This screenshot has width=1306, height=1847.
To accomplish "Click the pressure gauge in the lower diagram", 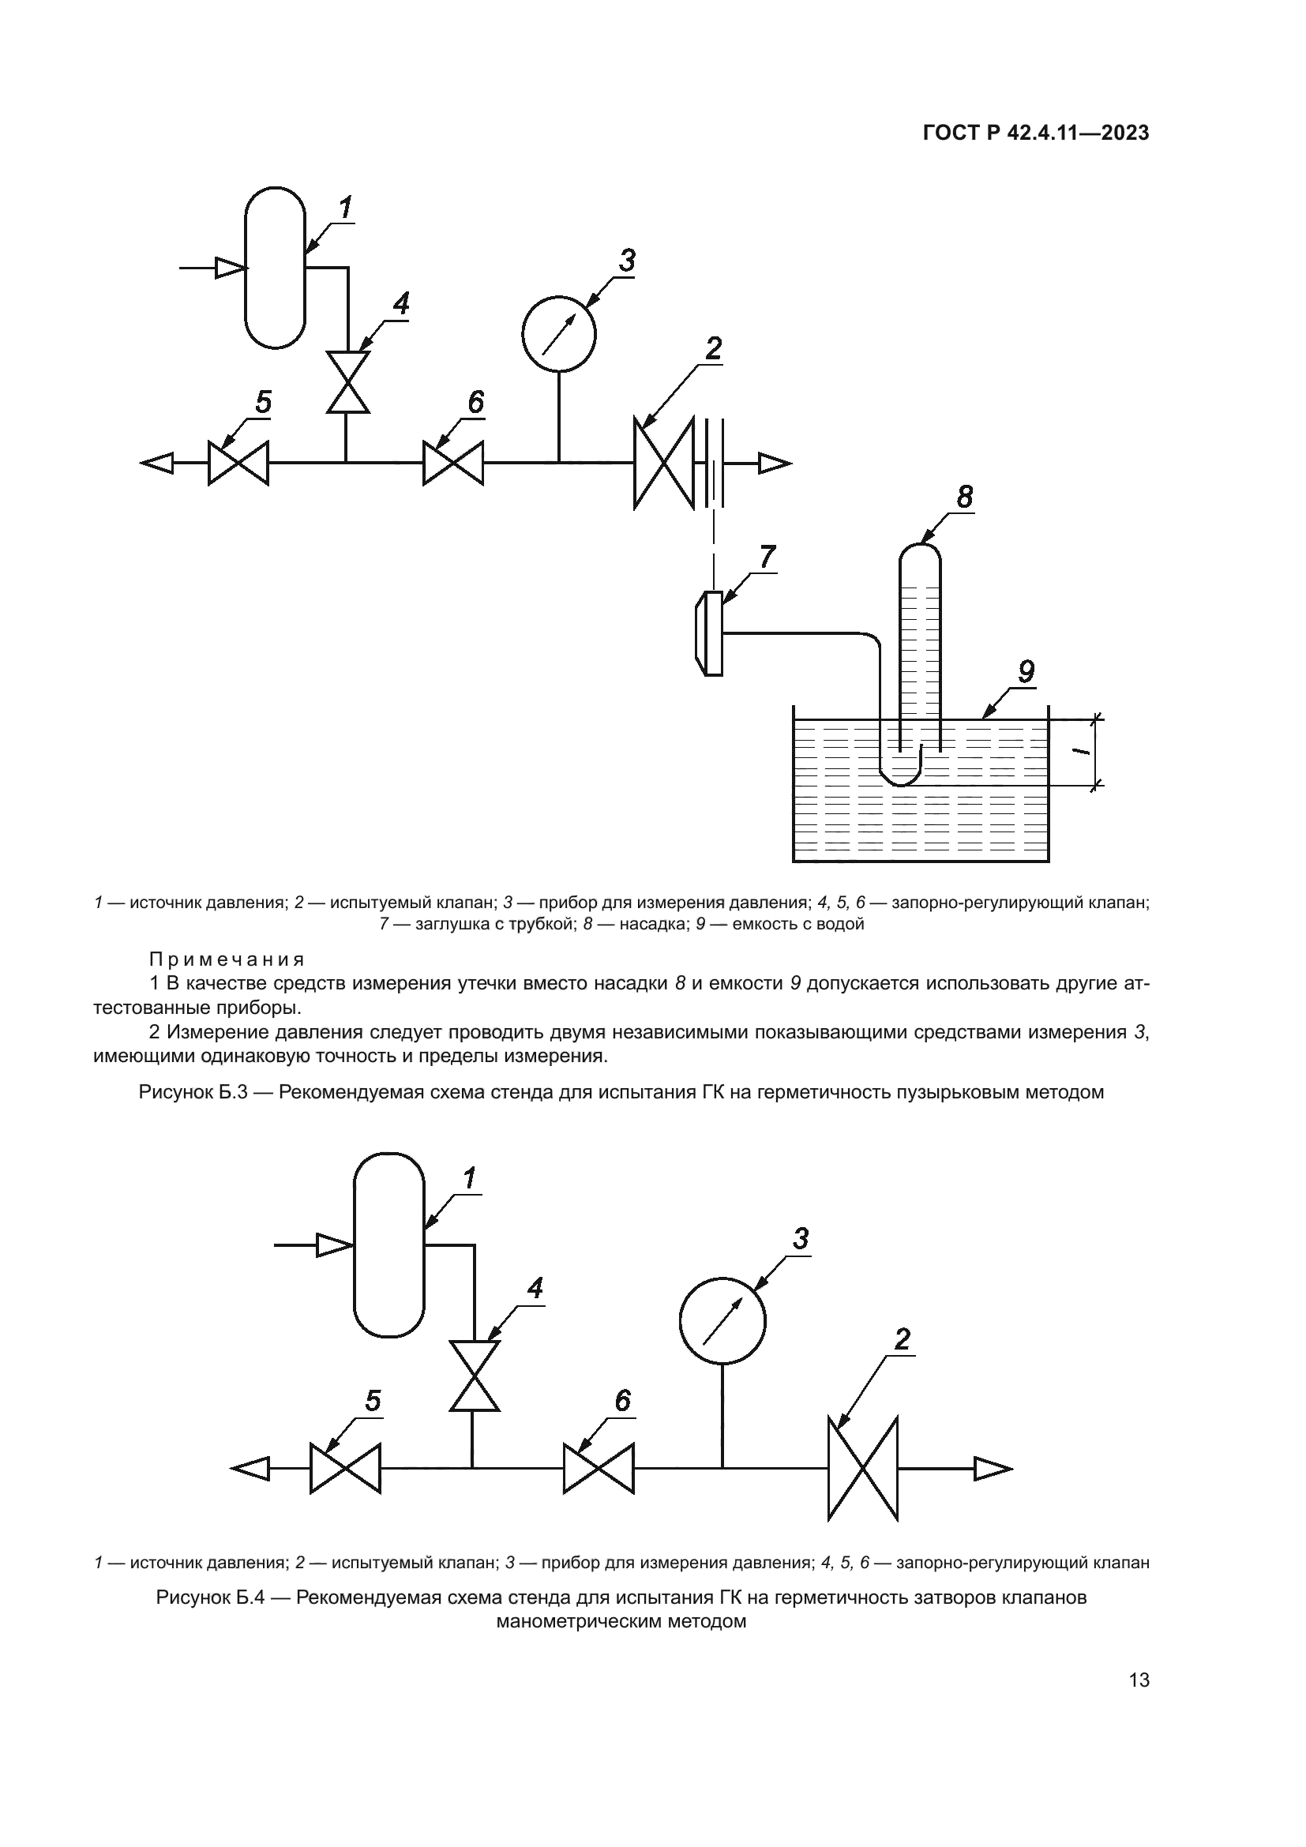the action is coord(722,1321).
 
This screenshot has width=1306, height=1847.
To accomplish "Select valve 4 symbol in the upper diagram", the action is coord(347,382).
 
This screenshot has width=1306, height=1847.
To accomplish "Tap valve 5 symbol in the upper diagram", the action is coord(238,464).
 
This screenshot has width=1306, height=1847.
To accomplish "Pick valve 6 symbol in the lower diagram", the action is coord(599,1469).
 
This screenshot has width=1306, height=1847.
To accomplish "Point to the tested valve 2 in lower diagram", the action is coord(863,1469).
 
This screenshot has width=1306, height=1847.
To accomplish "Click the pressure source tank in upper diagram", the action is coord(275,268).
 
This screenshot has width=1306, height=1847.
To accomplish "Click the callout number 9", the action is coord(1026,672).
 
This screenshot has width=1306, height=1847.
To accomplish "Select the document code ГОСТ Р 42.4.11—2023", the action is coord(1036,133).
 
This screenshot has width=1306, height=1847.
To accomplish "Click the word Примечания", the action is coord(227,959).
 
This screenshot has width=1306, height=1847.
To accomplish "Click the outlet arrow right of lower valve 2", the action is coord(955,1469).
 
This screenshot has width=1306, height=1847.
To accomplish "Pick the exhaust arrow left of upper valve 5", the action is coord(174,464).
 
